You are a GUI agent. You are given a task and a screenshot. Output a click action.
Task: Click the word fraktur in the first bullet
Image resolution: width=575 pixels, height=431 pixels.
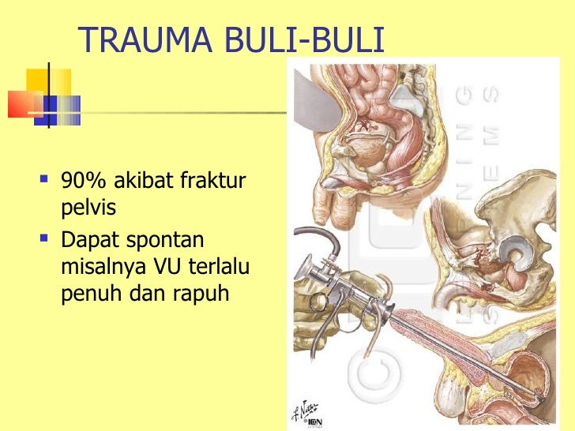click(x=213, y=183)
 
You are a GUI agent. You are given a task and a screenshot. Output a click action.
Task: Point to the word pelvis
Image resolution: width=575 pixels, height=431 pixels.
click(x=86, y=209)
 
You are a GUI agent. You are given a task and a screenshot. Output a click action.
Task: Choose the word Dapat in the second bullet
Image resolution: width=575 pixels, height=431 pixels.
click(x=87, y=239)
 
